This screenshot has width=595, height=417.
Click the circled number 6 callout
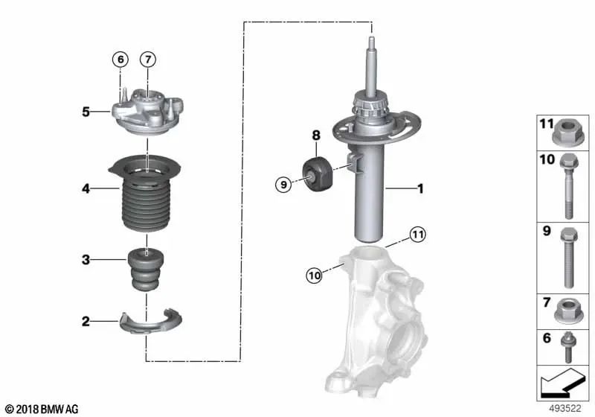(x=120, y=58)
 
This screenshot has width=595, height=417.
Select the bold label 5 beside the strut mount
(x=86, y=112)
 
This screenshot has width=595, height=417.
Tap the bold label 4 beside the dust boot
(x=86, y=189)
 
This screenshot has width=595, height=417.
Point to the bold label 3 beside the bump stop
(x=86, y=259)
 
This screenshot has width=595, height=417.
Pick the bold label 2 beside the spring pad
(x=86, y=322)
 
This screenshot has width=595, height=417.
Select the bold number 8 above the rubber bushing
(x=315, y=136)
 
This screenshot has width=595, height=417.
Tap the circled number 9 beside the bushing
(x=283, y=183)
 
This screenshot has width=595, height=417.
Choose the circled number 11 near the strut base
(x=418, y=235)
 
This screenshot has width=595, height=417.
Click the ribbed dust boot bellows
(x=147, y=201)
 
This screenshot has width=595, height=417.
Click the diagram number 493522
(x=567, y=409)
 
